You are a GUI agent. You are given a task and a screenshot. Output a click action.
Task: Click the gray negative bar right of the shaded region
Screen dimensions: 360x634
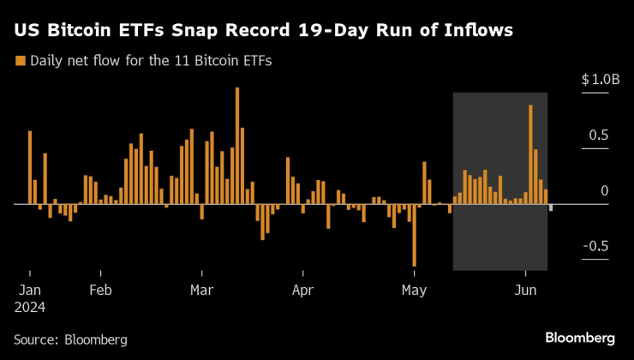[551, 207]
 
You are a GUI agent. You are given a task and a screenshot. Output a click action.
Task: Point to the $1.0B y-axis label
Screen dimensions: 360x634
[600, 80]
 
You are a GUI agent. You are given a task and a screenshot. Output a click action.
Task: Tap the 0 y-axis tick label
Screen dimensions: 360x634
[604, 191]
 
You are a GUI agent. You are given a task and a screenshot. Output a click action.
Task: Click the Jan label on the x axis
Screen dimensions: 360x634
[31, 289]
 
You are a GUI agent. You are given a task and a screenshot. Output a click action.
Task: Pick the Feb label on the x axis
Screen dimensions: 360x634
[101, 289]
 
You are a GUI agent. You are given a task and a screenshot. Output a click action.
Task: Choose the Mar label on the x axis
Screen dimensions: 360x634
[202, 289]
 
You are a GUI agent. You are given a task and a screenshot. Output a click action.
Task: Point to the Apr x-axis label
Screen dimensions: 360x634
[303, 289]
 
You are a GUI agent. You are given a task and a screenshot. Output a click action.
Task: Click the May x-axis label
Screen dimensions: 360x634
[415, 289]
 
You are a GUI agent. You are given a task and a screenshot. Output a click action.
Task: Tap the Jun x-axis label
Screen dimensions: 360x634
[524, 289]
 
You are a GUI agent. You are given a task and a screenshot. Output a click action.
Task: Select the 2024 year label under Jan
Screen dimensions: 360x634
[31, 306]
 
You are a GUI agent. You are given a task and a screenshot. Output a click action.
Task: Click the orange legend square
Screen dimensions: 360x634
[19, 61]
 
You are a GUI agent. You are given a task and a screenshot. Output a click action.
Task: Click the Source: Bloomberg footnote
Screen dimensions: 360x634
[70, 339]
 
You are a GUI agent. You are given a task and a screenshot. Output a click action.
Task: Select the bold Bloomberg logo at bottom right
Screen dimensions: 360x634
[580, 337]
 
